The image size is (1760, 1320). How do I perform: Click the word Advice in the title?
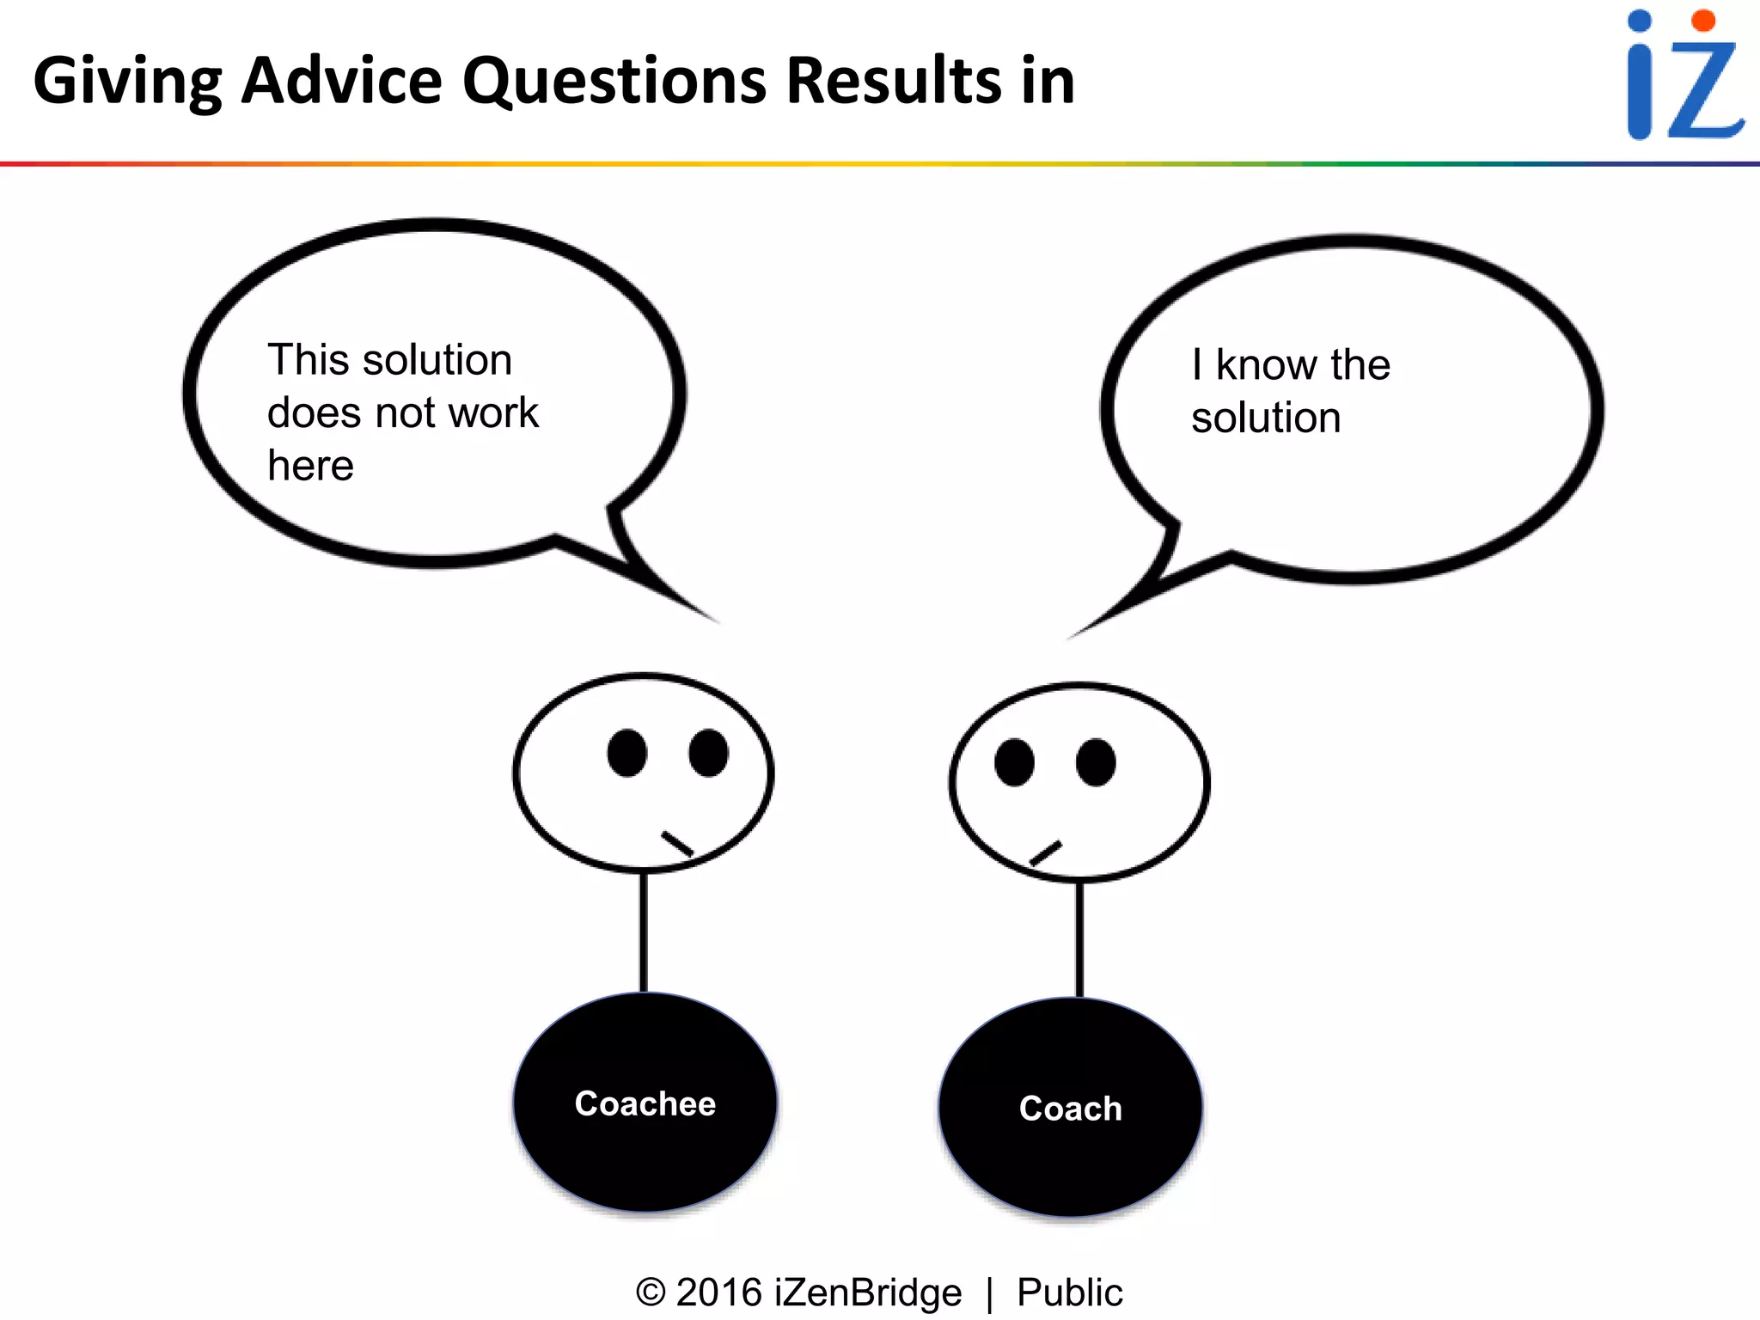tap(341, 81)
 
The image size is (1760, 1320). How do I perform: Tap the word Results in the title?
tap(894, 81)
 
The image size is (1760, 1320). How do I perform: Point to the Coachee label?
tap(645, 1103)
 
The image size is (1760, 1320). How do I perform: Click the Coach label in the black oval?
tap(1070, 1109)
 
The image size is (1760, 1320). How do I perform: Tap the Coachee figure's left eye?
tap(627, 753)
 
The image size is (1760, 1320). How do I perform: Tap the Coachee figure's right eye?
tap(708, 753)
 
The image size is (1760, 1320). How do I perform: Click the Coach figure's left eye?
tap(1014, 762)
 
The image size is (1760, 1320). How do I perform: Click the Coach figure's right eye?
tap(1096, 762)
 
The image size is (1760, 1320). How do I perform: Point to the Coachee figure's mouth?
tap(677, 844)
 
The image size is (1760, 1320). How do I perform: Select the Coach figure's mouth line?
tap(1046, 853)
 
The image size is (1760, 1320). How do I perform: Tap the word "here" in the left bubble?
tap(310, 466)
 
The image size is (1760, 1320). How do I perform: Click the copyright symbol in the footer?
tap(651, 1292)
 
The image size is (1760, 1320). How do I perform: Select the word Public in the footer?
tap(1069, 1292)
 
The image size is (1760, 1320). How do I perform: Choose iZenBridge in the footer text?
tap(867, 1292)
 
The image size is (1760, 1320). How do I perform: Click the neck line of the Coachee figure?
tap(644, 932)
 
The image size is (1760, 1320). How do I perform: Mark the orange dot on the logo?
tap(1702, 21)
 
